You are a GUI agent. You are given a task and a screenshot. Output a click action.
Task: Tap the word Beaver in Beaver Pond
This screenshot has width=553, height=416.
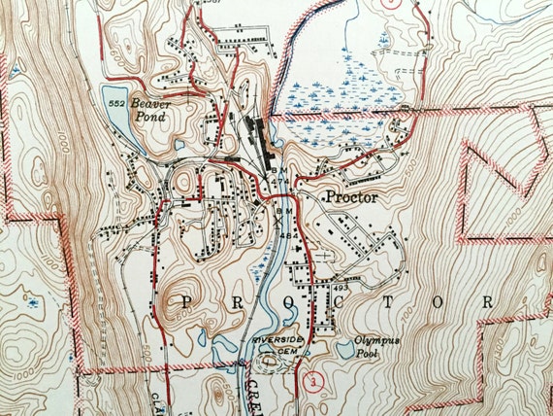[151, 102]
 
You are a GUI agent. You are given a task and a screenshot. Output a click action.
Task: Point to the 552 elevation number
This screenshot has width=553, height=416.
[114, 102]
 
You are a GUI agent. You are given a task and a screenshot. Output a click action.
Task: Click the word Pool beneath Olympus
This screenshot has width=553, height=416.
[367, 356]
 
